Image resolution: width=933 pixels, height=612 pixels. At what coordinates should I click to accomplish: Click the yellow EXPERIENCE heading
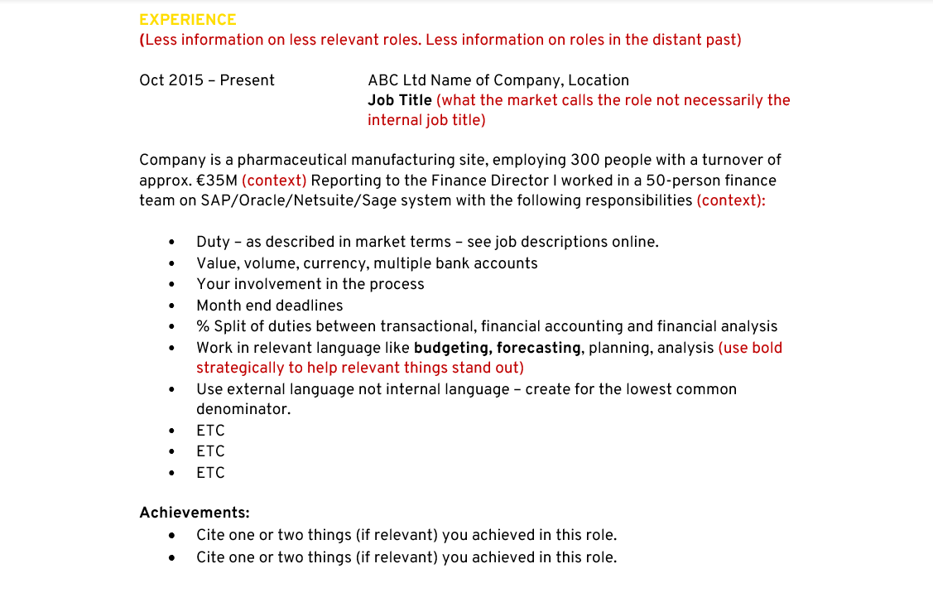pyautogui.click(x=188, y=20)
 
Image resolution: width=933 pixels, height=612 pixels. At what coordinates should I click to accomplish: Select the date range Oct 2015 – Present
pyautogui.click(x=207, y=80)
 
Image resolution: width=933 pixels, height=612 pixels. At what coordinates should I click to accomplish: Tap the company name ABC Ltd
pyautogui.click(x=397, y=80)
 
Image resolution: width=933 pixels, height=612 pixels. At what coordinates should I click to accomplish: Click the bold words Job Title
pyautogui.click(x=400, y=100)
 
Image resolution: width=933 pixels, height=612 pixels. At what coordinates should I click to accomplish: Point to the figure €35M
pyautogui.click(x=217, y=181)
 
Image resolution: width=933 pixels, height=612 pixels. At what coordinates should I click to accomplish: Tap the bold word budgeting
pyautogui.click(x=452, y=349)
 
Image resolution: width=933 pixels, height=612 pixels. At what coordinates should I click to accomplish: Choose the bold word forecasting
pyautogui.click(x=539, y=349)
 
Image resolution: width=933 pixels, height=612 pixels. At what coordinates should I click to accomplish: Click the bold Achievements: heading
pyautogui.click(x=195, y=513)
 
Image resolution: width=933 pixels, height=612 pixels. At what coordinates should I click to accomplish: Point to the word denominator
pyautogui.click(x=243, y=409)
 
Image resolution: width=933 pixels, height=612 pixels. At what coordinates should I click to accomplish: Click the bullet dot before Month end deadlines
pyautogui.click(x=171, y=306)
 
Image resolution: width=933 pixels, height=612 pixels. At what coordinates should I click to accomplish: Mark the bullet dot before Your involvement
pyautogui.click(x=171, y=285)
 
